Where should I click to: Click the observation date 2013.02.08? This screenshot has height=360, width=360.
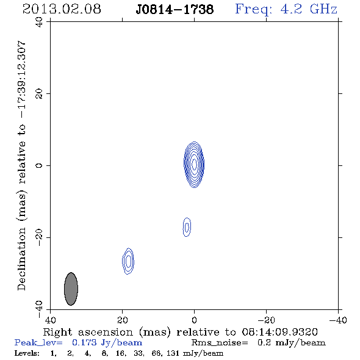click(x=62, y=9)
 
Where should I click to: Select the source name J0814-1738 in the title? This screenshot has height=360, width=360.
click(x=175, y=9)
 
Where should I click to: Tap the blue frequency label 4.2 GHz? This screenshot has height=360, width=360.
click(x=309, y=9)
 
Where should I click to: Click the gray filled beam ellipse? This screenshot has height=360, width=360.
click(x=71, y=289)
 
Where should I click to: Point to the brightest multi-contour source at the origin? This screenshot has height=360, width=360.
click(x=194, y=165)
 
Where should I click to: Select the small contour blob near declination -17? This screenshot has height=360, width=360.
click(x=187, y=227)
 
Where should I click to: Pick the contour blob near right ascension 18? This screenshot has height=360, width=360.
click(x=128, y=261)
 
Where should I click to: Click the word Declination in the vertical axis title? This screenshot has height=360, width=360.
click(x=21, y=259)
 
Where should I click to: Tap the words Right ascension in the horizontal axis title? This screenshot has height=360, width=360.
click(x=88, y=332)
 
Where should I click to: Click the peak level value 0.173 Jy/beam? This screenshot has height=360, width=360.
click(x=107, y=343)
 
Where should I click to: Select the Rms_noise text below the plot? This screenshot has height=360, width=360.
click(x=220, y=343)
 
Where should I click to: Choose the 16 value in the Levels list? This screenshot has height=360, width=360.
click(x=121, y=353)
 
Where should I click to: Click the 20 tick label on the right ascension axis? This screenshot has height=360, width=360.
click(x=123, y=320)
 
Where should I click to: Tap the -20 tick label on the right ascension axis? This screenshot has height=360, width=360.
click(x=266, y=320)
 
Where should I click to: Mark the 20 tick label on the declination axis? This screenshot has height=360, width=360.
click(x=39, y=94)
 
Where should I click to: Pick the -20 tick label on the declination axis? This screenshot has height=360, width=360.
click(x=39, y=237)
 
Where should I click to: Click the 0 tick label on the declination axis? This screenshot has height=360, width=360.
click(x=39, y=165)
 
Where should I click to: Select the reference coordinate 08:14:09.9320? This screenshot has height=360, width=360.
click(x=279, y=332)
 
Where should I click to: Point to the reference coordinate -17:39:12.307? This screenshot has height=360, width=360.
click(x=21, y=79)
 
